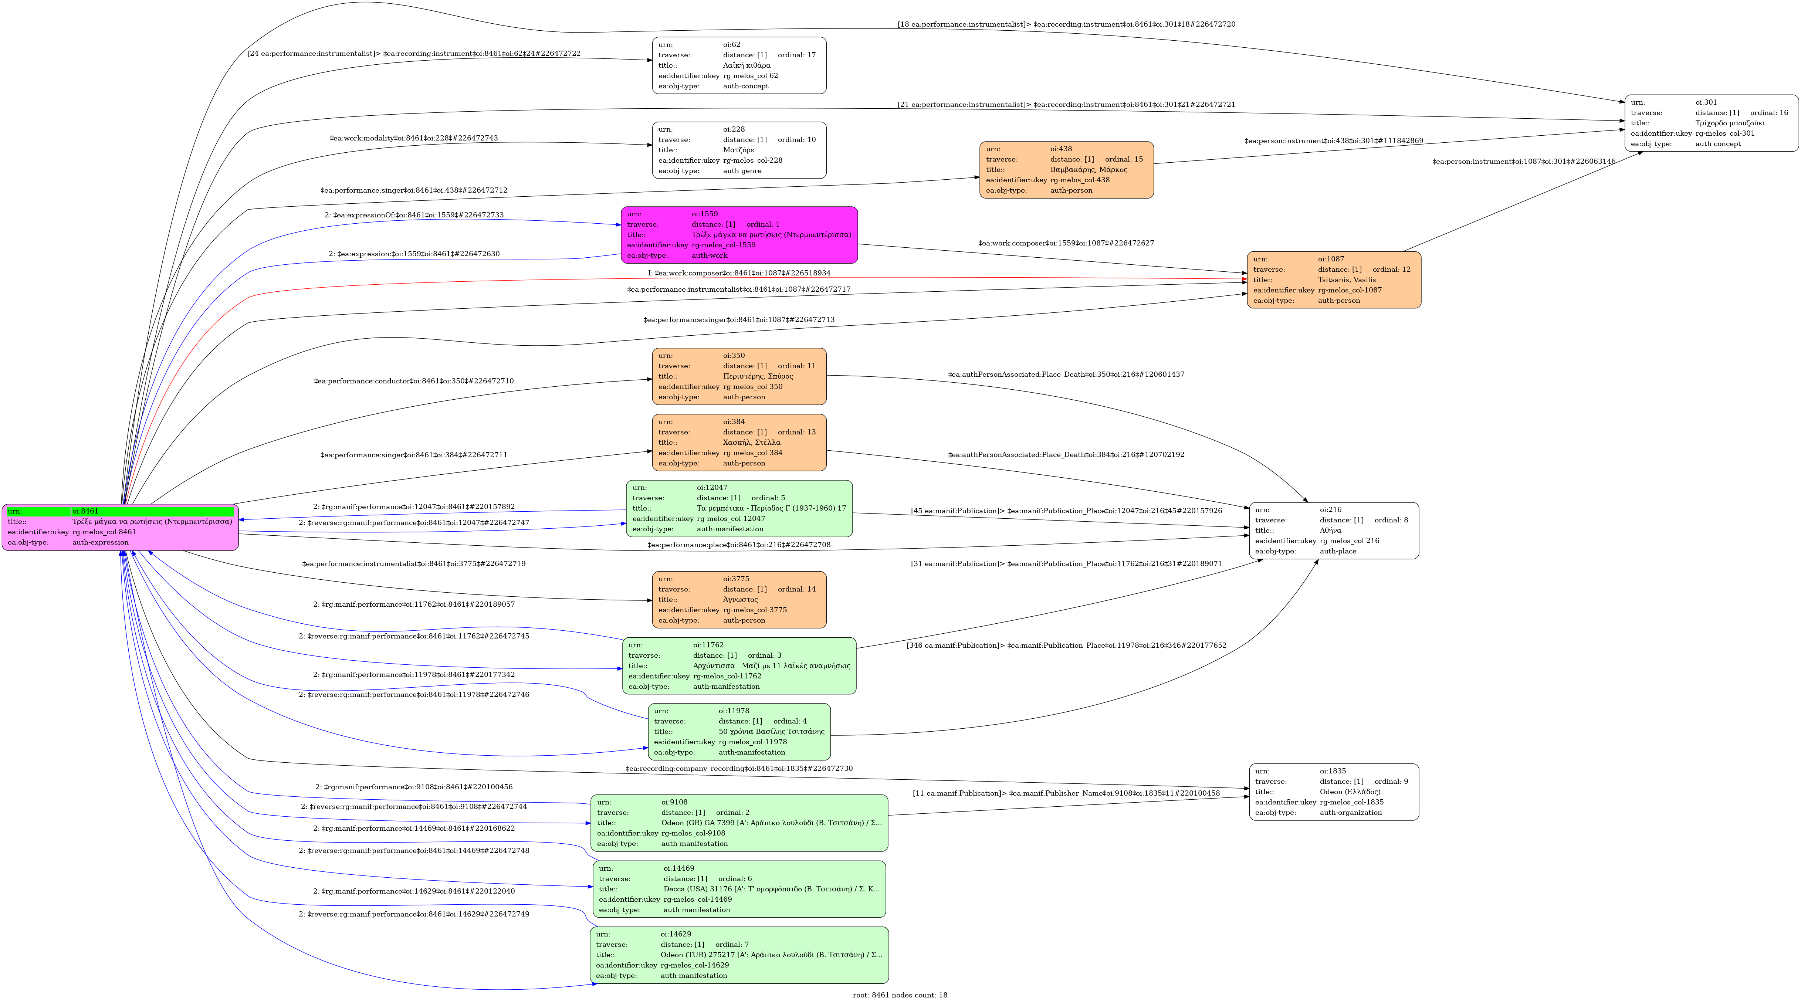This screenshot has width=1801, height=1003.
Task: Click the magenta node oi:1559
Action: (x=739, y=235)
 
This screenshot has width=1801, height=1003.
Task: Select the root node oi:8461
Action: (x=120, y=527)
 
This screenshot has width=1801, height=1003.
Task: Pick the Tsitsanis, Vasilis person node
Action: (x=1333, y=279)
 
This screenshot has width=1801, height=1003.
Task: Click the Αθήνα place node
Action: (x=1333, y=531)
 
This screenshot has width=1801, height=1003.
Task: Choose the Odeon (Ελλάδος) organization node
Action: (x=1333, y=792)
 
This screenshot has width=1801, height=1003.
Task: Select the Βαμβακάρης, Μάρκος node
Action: (x=1066, y=170)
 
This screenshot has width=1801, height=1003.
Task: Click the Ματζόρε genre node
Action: (x=739, y=150)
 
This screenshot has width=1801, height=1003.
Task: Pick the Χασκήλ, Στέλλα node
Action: (x=739, y=443)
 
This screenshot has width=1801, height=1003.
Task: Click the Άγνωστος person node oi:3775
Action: (x=739, y=600)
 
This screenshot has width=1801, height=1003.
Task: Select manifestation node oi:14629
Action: (x=739, y=955)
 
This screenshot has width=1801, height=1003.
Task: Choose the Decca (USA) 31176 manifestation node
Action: (x=739, y=889)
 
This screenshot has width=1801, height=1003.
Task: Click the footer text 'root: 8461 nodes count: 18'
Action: (x=900, y=994)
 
